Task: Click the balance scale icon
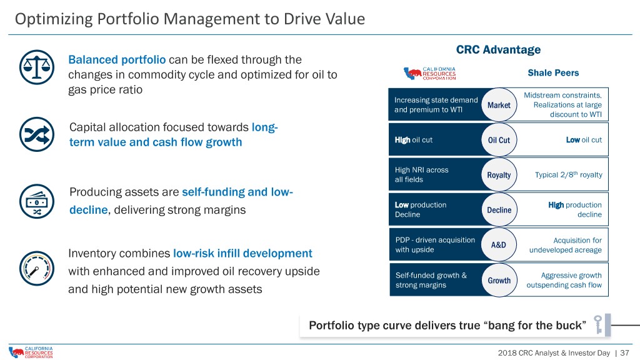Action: (37, 67)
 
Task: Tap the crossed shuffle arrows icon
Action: (37, 134)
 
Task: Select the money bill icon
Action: (37, 201)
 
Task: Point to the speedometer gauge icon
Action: (37, 268)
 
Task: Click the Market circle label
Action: (499, 105)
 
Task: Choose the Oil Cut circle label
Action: (499, 140)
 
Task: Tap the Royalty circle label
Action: (499, 175)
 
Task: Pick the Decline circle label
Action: (499, 210)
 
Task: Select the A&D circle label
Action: (499, 245)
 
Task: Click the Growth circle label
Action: (499, 281)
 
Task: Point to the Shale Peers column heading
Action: (553, 72)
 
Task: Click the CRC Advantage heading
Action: (498, 49)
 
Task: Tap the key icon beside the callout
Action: (598, 324)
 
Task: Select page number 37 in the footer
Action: (624, 352)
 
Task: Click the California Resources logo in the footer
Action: (31, 352)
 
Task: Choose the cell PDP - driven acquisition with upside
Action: (435, 245)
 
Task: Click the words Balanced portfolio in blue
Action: (117, 59)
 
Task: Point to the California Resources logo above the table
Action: (430, 74)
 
